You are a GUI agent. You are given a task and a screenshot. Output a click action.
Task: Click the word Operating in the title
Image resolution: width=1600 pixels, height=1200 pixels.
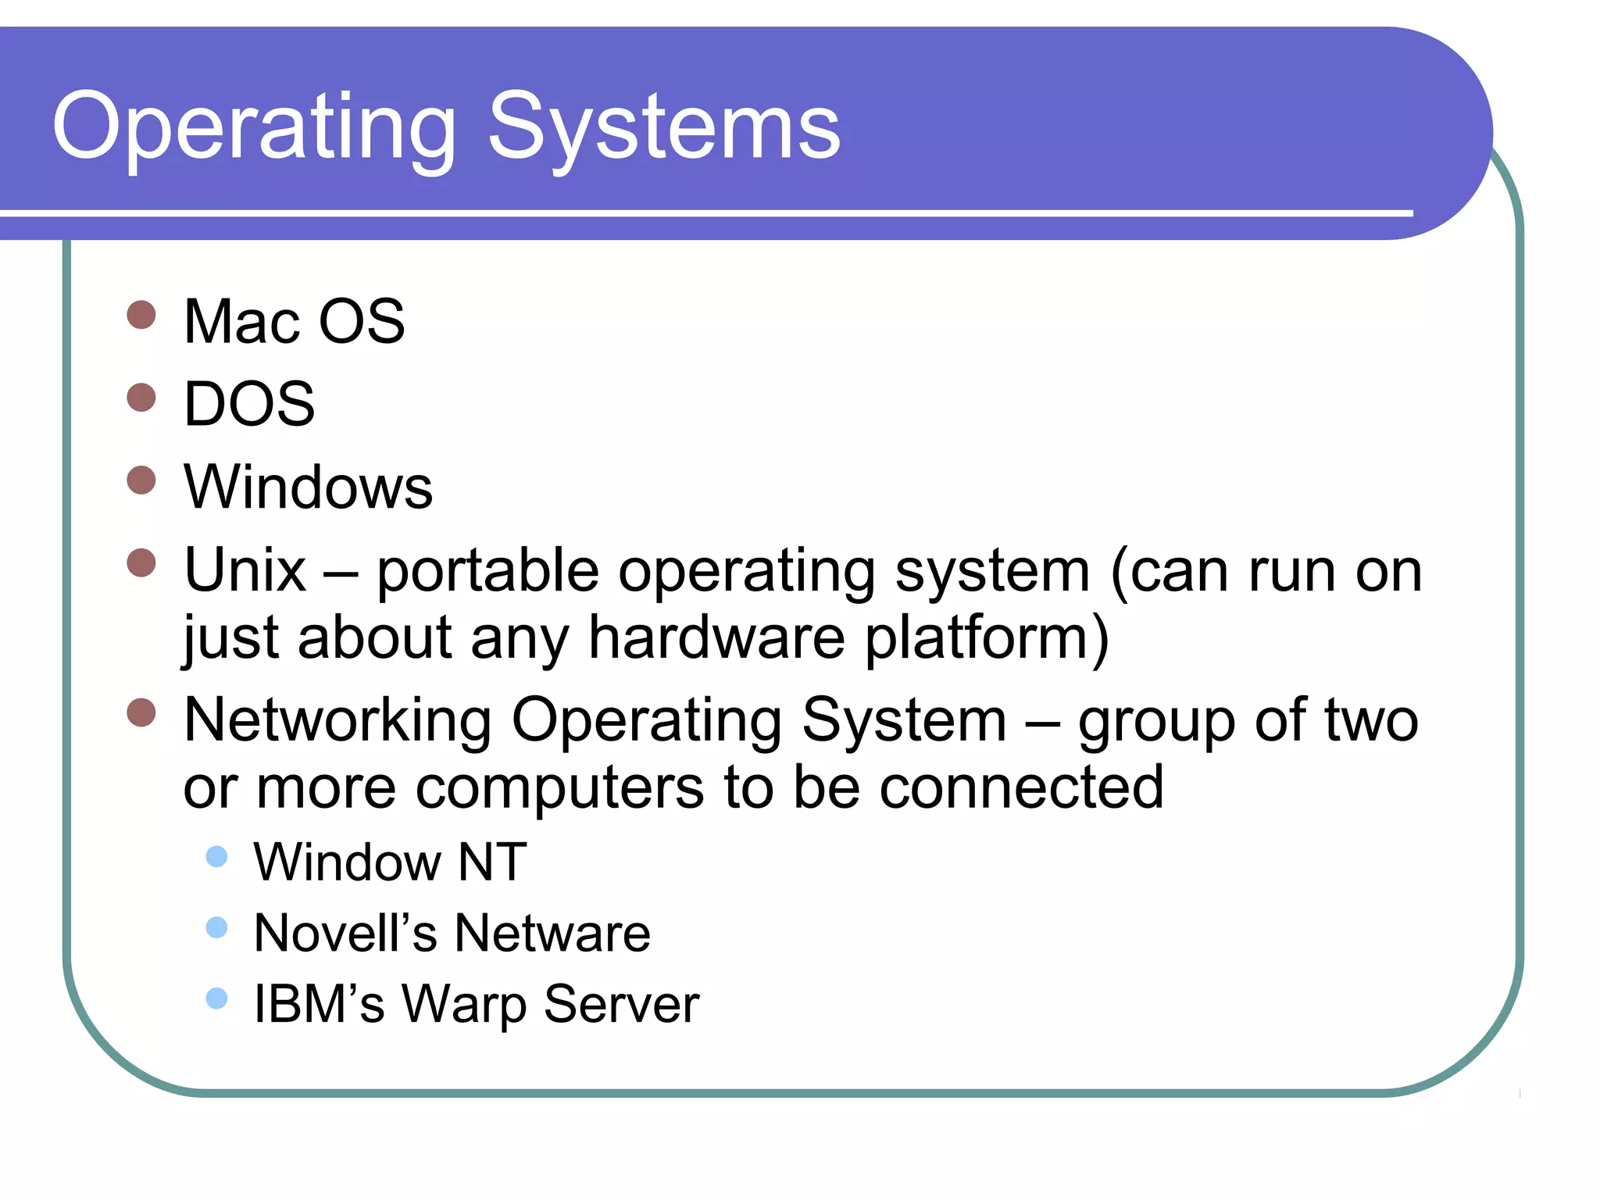pyautogui.click(x=254, y=127)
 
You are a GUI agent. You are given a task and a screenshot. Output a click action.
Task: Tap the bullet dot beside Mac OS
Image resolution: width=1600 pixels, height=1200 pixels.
pyautogui.click(x=141, y=315)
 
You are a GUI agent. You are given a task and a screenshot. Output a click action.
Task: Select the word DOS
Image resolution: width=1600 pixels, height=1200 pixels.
pyautogui.click(x=249, y=404)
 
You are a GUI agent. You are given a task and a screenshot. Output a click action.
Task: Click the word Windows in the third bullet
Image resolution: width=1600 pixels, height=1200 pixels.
pyautogui.click(x=308, y=487)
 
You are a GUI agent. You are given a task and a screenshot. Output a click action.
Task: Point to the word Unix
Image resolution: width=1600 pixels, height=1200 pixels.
pyautogui.click(x=245, y=570)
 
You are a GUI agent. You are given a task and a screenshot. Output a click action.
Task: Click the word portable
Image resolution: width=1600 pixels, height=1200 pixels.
pyautogui.click(x=487, y=570)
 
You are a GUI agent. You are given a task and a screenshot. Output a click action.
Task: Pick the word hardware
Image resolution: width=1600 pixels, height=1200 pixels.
pyautogui.click(x=716, y=637)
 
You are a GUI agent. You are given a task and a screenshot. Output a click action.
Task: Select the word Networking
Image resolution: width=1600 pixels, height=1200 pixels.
pyautogui.click(x=337, y=720)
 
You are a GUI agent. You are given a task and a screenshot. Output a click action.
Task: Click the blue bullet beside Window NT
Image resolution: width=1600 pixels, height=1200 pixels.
pyautogui.click(x=216, y=857)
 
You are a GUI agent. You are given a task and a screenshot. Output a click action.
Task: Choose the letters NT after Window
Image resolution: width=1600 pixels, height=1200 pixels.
pyautogui.click(x=492, y=862)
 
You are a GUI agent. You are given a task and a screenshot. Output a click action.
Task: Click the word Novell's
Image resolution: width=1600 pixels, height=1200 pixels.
pyautogui.click(x=345, y=933)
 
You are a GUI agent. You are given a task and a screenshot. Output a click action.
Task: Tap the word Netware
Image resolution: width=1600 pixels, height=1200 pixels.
pyautogui.click(x=552, y=933)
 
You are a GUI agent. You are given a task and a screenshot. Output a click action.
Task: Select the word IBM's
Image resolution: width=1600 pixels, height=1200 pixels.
pyautogui.click(x=319, y=1004)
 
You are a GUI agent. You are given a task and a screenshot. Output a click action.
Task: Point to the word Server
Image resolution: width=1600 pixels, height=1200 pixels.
pyautogui.click(x=621, y=1004)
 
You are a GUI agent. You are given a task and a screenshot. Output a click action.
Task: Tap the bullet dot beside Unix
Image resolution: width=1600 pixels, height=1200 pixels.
pyautogui.click(x=141, y=562)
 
